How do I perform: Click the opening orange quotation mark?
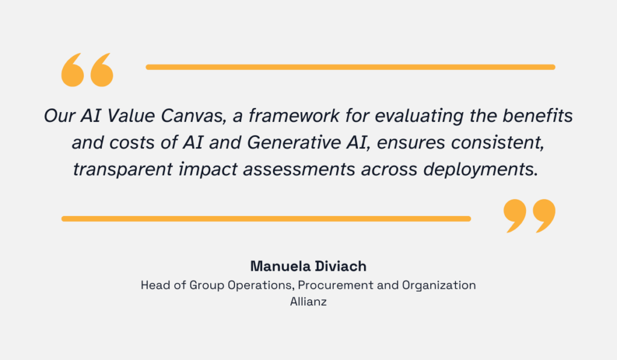(87, 69)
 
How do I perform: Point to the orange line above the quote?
(350, 67)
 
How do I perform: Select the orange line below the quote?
(266, 218)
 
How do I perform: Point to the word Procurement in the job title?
(332, 285)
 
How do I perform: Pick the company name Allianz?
(308, 302)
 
